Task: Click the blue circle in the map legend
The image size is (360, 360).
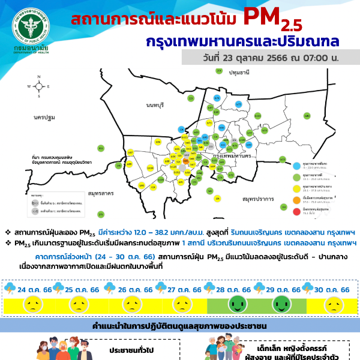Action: [x=296, y=164]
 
